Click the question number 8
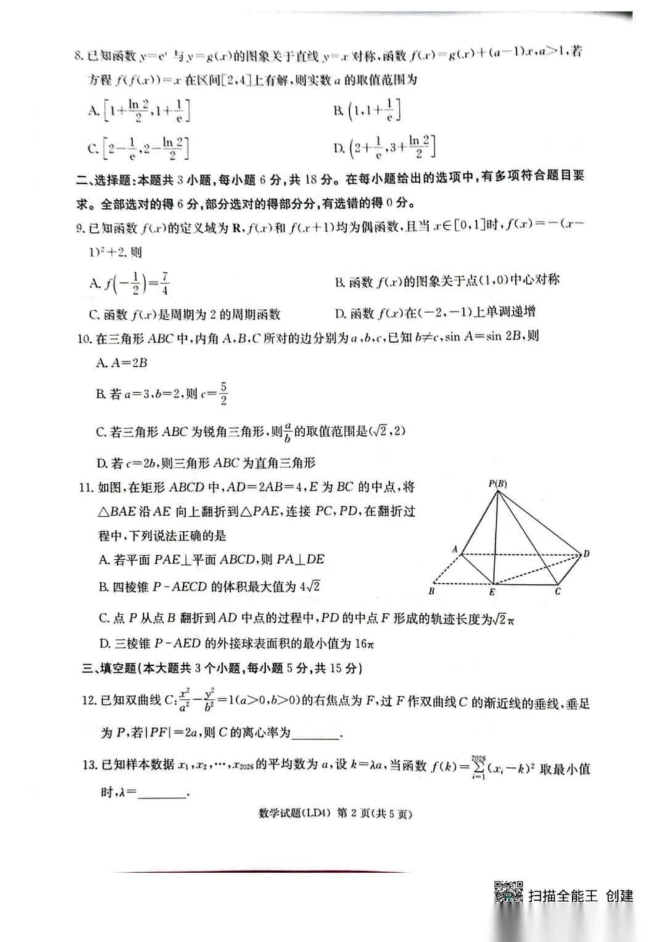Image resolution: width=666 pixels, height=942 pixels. [78, 56]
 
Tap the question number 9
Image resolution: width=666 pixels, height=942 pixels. [81, 229]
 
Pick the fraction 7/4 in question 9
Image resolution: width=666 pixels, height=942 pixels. [165, 283]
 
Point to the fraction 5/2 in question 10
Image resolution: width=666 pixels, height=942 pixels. [223, 393]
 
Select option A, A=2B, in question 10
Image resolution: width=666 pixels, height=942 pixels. [121, 362]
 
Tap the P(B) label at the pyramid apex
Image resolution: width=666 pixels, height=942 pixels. [498, 484]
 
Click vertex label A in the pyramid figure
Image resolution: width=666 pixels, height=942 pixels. [454, 549]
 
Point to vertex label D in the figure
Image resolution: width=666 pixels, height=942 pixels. [586, 554]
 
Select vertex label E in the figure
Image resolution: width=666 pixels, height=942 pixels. [492, 592]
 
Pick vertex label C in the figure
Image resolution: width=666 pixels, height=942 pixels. [557, 592]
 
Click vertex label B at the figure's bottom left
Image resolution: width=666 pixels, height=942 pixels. [432, 591]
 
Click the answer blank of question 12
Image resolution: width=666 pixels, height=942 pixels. [316, 734]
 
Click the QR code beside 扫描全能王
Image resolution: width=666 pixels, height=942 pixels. [509, 892]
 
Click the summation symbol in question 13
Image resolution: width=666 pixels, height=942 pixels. [478, 768]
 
